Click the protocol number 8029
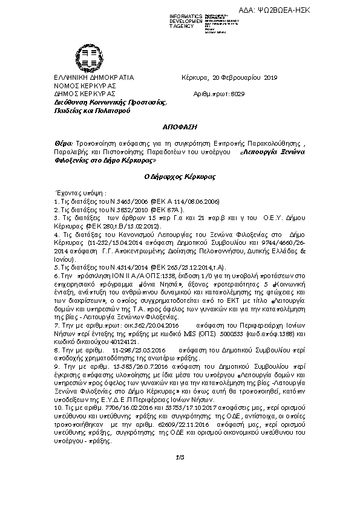(x=238, y=94)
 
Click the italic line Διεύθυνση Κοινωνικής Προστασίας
(x=110, y=103)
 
